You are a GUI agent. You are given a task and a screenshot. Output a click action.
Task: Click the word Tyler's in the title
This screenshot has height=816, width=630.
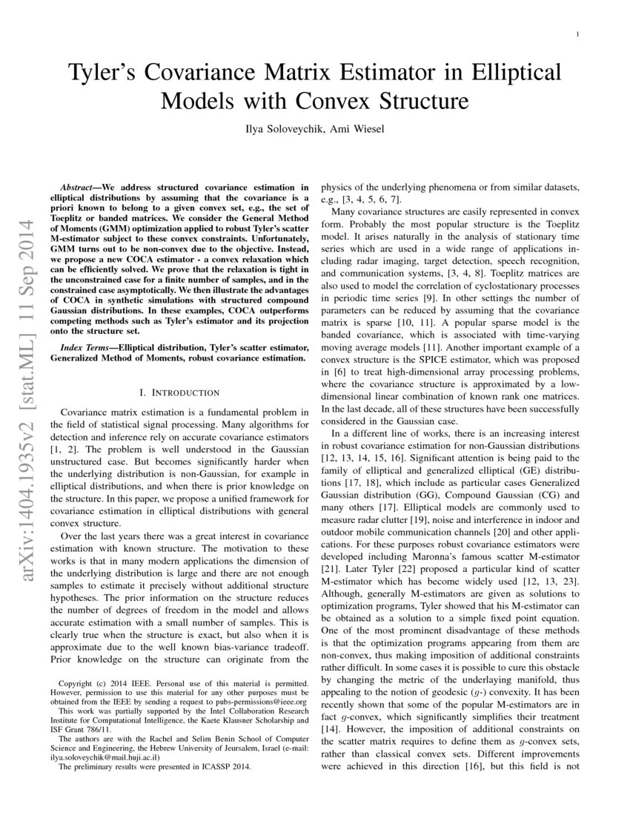(x=103, y=73)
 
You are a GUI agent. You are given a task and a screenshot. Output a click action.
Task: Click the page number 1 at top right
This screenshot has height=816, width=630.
(x=577, y=34)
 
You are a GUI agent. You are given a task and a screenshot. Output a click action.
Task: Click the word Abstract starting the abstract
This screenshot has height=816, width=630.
(x=80, y=188)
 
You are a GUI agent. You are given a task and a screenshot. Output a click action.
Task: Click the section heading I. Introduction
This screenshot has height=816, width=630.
(x=179, y=392)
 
